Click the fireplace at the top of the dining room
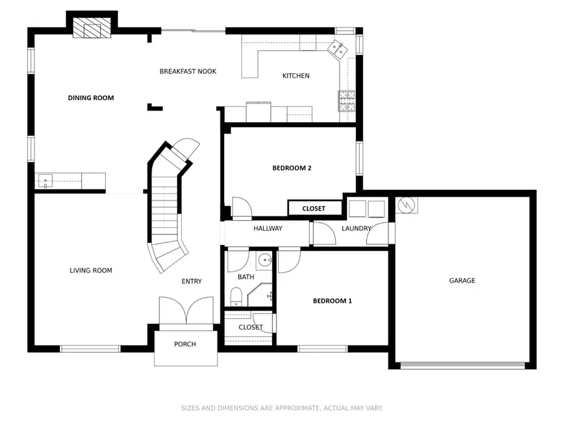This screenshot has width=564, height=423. [x=91, y=28]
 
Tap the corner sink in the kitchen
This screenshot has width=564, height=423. [x=337, y=48]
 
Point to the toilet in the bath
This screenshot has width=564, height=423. [x=236, y=296]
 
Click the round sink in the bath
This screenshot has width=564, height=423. [x=264, y=259]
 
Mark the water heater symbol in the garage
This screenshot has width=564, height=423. [x=407, y=205]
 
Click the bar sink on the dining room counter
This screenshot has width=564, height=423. [x=46, y=181]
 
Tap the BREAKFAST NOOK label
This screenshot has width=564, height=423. [x=187, y=71]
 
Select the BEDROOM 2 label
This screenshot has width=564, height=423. [x=291, y=168]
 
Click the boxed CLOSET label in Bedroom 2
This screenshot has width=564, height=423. [x=314, y=209]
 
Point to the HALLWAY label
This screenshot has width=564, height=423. [x=268, y=229]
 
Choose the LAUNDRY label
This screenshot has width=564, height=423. [x=356, y=229]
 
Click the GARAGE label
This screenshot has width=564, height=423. [x=462, y=281]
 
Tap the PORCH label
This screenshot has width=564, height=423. [x=185, y=344]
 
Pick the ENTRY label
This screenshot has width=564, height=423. [x=191, y=281]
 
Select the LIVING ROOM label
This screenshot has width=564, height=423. [x=91, y=271]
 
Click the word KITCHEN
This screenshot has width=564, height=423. [x=296, y=76]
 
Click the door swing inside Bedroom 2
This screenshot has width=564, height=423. [x=241, y=207]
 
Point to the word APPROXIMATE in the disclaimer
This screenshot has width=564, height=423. [x=289, y=408]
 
